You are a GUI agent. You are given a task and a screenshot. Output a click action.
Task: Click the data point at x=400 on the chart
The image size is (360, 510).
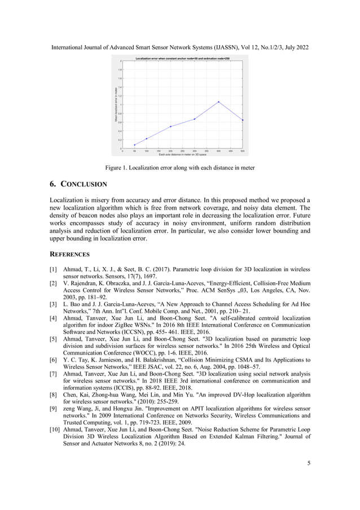click(x=218, y=102)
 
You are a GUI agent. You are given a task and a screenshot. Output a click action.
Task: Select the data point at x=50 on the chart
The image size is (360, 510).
click(x=134, y=145)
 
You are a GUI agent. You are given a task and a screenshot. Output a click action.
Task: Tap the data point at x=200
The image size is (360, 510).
click(x=170, y=127)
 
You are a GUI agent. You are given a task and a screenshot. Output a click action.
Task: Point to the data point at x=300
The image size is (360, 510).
click(x=195, y=119)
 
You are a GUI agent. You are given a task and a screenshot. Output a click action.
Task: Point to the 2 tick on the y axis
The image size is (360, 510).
click(x=120, y=61)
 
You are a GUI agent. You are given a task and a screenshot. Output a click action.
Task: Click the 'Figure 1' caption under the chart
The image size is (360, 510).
click(x=179, y=168)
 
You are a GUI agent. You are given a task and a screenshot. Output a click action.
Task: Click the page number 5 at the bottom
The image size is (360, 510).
click(x=309, y=464)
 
